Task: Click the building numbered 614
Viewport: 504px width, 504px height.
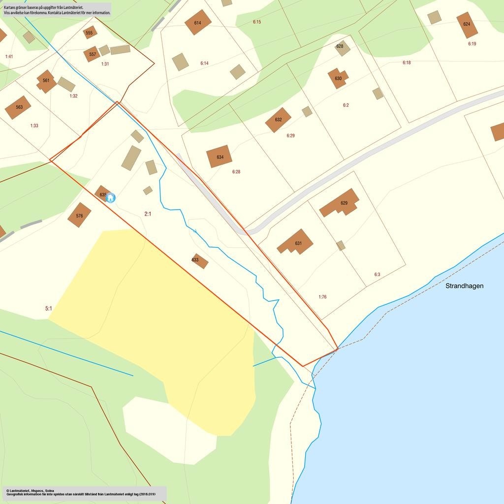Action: pyautogui.click(x=198, y=22)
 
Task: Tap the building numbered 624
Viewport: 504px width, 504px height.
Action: pyautogui.click(x=467, y=25)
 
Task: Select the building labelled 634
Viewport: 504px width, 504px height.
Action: pyautogui.click(x=220, y=157)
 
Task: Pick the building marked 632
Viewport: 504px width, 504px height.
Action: pyautogui.click(x=278, y=120)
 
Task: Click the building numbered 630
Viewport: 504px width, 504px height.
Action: pyautogui.click(x=338, y=78)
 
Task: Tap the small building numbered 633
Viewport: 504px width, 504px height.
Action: pyautogui.click(x=199, y=261)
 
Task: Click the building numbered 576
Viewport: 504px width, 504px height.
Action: pyautogui.click(x=79, y=215)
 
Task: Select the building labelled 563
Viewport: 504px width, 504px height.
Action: pyautogui.click(x=18, y=107)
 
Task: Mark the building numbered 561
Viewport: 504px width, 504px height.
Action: pyautogui.click(x=46, y=81)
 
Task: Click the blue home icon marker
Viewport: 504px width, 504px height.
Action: pyautogui.click(x=111, y=198)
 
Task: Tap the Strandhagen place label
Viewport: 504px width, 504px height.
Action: pyautogui.click(x=464, y=285)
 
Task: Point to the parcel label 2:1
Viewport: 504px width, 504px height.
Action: pyautogui.click(x=148, y=214)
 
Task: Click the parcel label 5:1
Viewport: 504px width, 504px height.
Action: pyautogui.click(x=49, y=309)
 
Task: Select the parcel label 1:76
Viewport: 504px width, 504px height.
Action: pyautogui.click(x=322, y=297)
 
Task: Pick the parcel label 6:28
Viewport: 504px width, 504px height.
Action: pyautogui.click(x=236, y=172)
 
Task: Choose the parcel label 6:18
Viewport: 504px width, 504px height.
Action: pyautogui.click(x=407, y=63)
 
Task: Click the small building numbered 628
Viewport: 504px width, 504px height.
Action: pyautogui.click(x=342, y=47)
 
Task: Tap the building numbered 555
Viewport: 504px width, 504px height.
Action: pyautogui.click(x=90, y=33)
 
